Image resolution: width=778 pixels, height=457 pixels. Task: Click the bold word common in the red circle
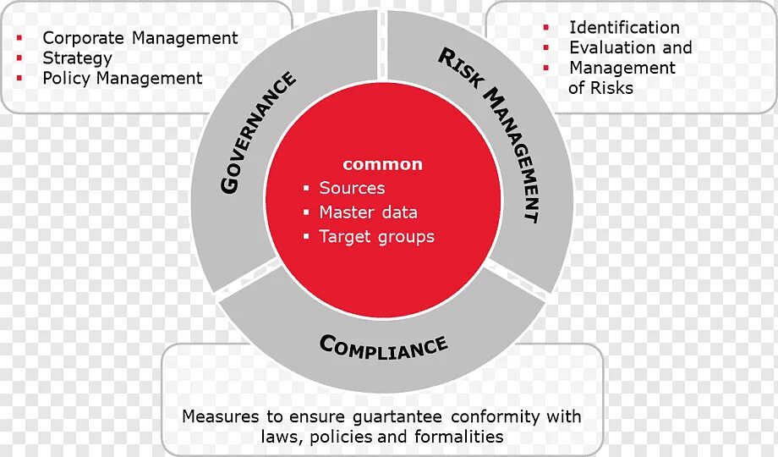pos(382,164)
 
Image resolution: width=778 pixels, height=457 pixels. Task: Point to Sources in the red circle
pos(352,188)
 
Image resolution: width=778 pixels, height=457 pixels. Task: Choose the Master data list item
pos(368,212)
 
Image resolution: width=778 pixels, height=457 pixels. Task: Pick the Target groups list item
pos(376,237)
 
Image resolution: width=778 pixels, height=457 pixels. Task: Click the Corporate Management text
pos(140,38)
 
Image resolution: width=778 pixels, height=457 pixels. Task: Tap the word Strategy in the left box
pos(77,58)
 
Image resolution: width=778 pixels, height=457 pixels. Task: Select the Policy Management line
pos(123,79)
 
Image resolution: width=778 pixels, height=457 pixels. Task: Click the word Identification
pos(624,28)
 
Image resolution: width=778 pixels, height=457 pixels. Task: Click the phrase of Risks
pos(600,88)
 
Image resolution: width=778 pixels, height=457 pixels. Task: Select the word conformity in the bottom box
pos(495,416)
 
